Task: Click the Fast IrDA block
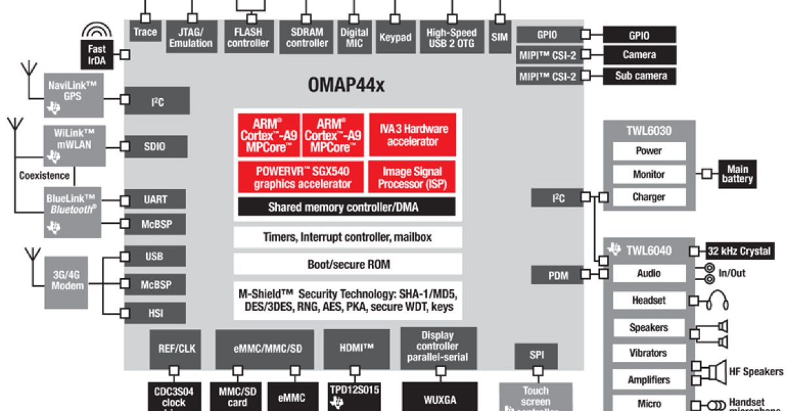(x=96, y=55)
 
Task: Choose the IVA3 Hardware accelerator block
(x=412, y=135)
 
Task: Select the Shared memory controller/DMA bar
(x=346, y=207)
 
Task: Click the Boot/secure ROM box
(x=347, y=264)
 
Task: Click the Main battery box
(x=738, y=174)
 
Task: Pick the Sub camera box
(x=640, y=76)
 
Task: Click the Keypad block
(x=396, y=37)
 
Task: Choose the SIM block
(x=500, y=37)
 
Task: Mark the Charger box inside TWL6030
(x=648, y=197)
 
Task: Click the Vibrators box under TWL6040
(x=648, y=353)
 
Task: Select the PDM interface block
(x=558, y=275)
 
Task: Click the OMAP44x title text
(x=346, y=85)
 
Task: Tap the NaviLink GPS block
(x=73, y=96)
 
